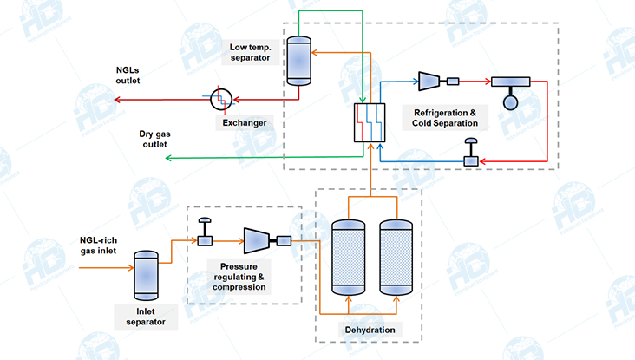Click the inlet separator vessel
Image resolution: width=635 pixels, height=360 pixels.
tap(145, 275)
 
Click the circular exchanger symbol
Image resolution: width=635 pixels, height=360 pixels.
tap(223, 99)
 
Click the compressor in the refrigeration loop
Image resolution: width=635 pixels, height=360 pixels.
tap(429, 82)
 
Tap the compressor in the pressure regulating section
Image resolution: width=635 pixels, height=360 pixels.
tap(259, 240)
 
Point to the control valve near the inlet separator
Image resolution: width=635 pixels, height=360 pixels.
tap(207, 237)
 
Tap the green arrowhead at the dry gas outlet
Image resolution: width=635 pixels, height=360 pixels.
tap(168, 158)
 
